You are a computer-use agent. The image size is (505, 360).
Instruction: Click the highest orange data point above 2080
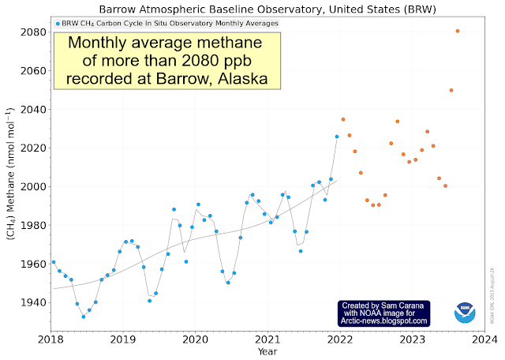click(458, 31)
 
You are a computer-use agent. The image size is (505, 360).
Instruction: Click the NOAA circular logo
click(466, 313)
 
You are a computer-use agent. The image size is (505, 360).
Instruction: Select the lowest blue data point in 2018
click(83, 317)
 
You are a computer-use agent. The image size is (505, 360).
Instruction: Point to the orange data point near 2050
click(451, 90)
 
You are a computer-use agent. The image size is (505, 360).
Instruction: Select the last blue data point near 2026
click(337, 137)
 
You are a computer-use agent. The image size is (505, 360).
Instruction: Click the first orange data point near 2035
click(343, 119)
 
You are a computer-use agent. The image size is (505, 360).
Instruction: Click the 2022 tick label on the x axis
click(340, 339)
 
